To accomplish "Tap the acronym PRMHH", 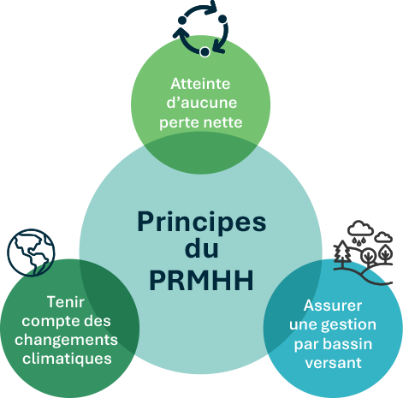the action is coord(202,280).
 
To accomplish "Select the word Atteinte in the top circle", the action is coord(200,84).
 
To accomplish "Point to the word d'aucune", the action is coord(202,103).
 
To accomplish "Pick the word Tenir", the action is coord(66,302).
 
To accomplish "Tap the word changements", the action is coord(66,340).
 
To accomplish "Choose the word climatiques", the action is coord(67,359).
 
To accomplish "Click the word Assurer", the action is coord(333,306).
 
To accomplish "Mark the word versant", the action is coord(333,363).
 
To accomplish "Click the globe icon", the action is coord(31,252).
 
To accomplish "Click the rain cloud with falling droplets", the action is coord(360,233).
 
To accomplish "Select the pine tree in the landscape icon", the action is coord(342,252).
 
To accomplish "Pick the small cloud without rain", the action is coord(383,237).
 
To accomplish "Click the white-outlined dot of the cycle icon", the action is coord(204,52).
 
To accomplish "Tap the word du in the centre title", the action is coord(202,249).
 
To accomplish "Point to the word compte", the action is coord(47,322).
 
